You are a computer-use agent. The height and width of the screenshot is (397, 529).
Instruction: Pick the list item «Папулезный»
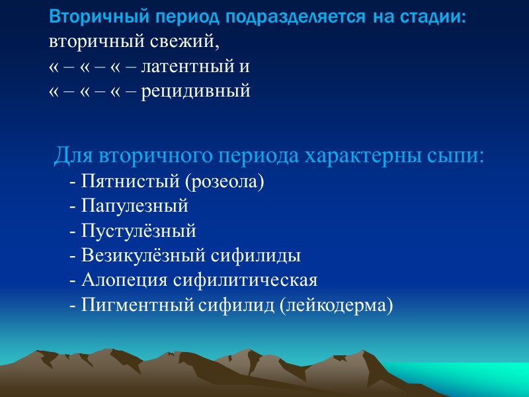pyautogui.click(x=136, y=206)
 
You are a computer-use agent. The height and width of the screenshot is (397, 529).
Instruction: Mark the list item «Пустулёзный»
pyautogui.click(x=140, y=231)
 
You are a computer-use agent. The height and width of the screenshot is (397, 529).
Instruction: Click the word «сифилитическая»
pyautogui.click(x=245, y=281)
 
